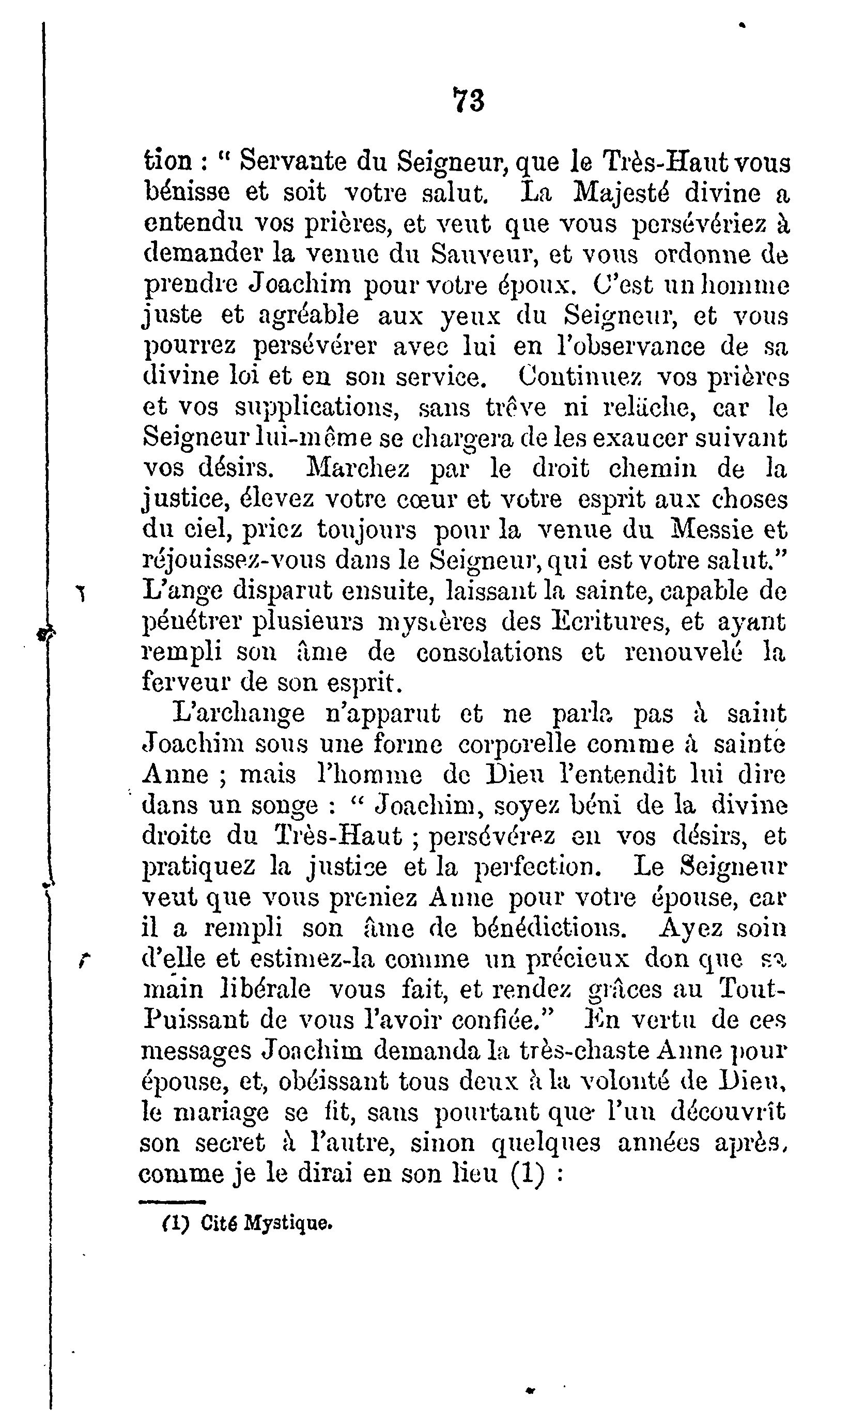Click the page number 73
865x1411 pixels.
[468, 101]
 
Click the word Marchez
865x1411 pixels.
[359, 468]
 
